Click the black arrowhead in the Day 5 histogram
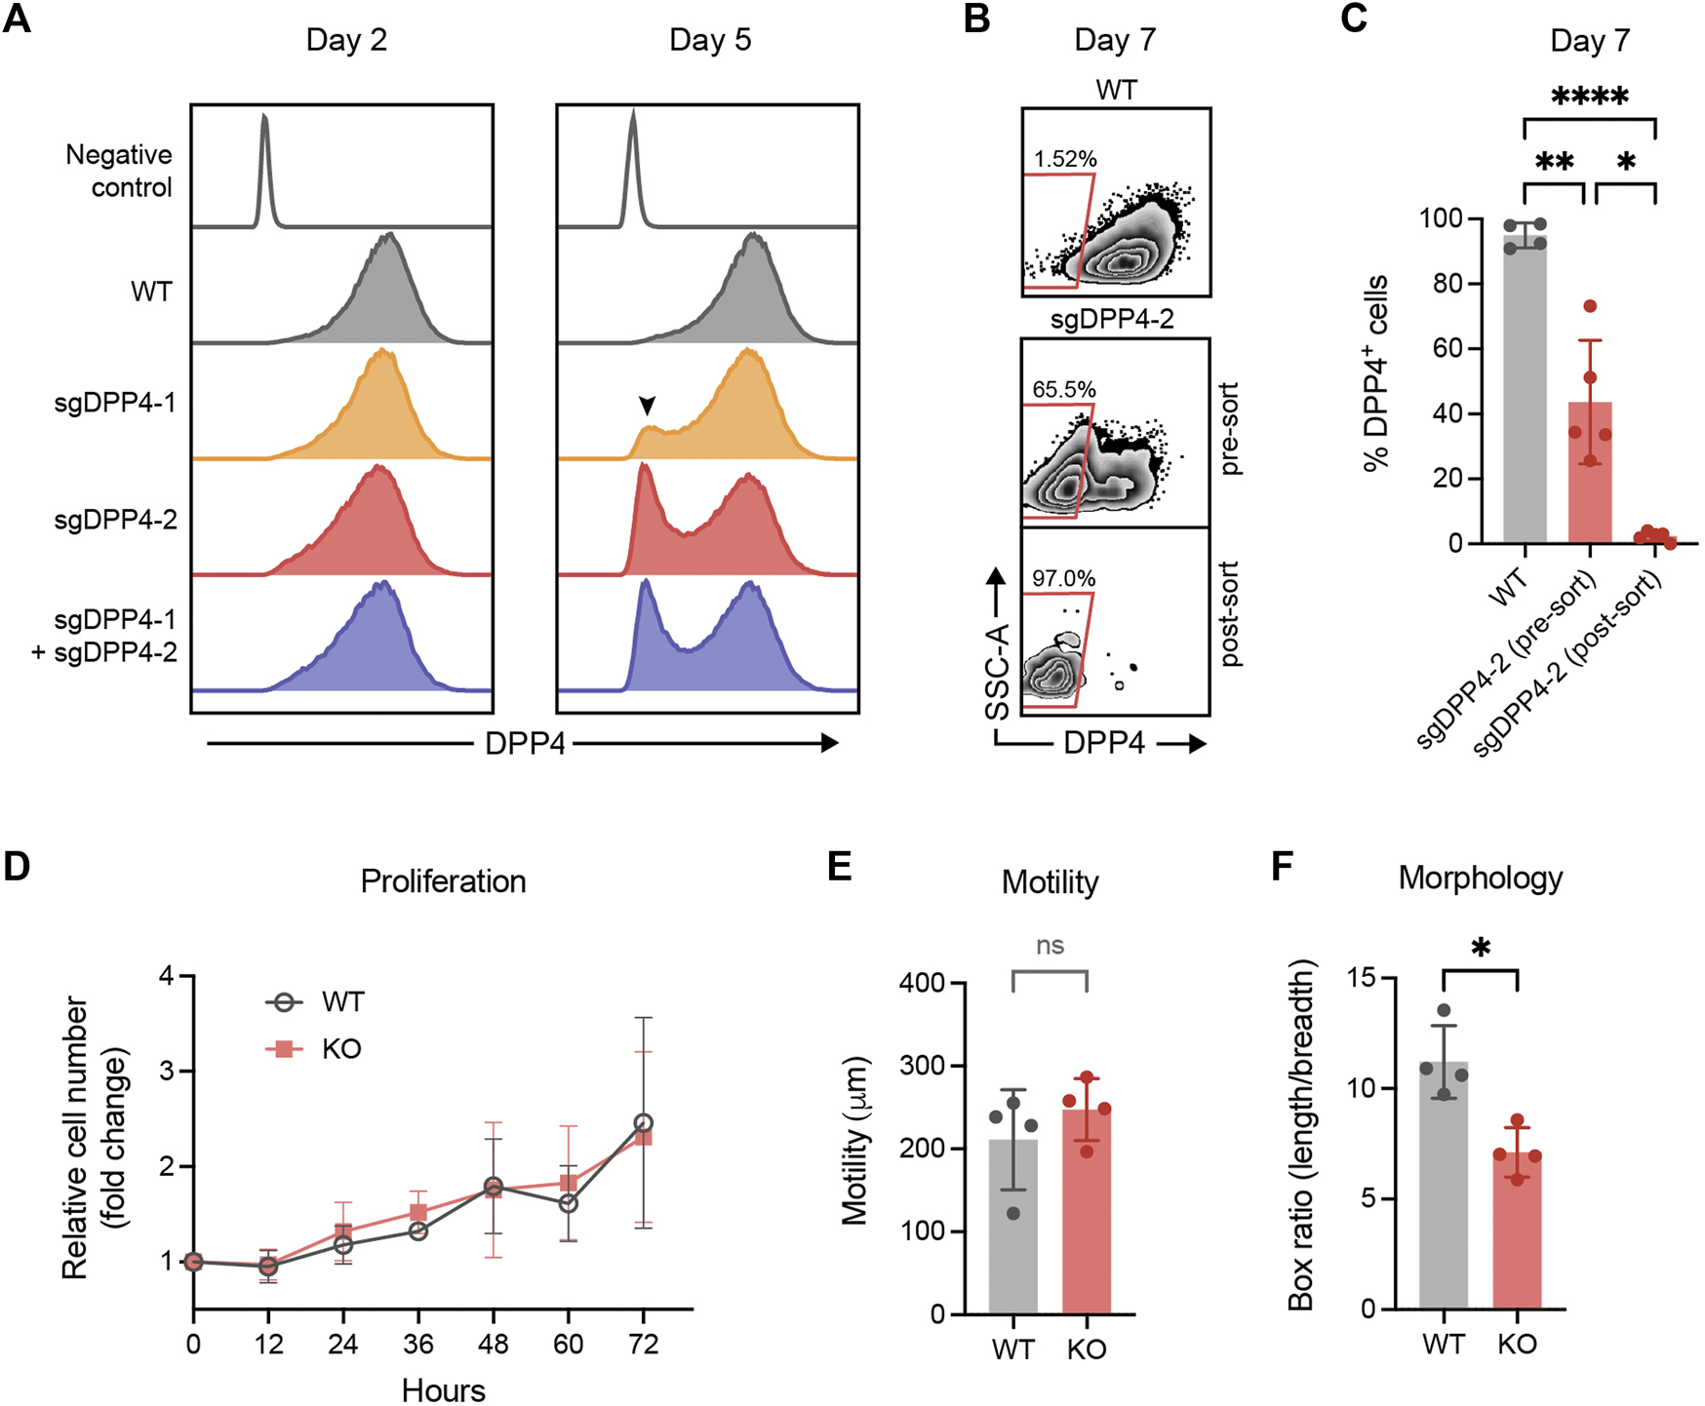pos(647,405)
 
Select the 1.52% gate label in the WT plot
pos(1065,159)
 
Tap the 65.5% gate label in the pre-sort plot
pos(1064,390)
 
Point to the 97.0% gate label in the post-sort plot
pos(1064,579)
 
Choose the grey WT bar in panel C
pos(1525,390)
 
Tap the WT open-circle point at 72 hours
pos(643,1123)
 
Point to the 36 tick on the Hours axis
pos(417,1345)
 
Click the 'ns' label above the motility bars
pos(1050,946)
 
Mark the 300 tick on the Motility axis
pos(922,1066)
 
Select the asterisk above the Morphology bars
pos(1481,949)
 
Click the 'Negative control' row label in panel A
pos(119,171)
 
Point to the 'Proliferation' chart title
pos(443,881)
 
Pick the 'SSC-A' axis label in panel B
pos(997,672)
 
